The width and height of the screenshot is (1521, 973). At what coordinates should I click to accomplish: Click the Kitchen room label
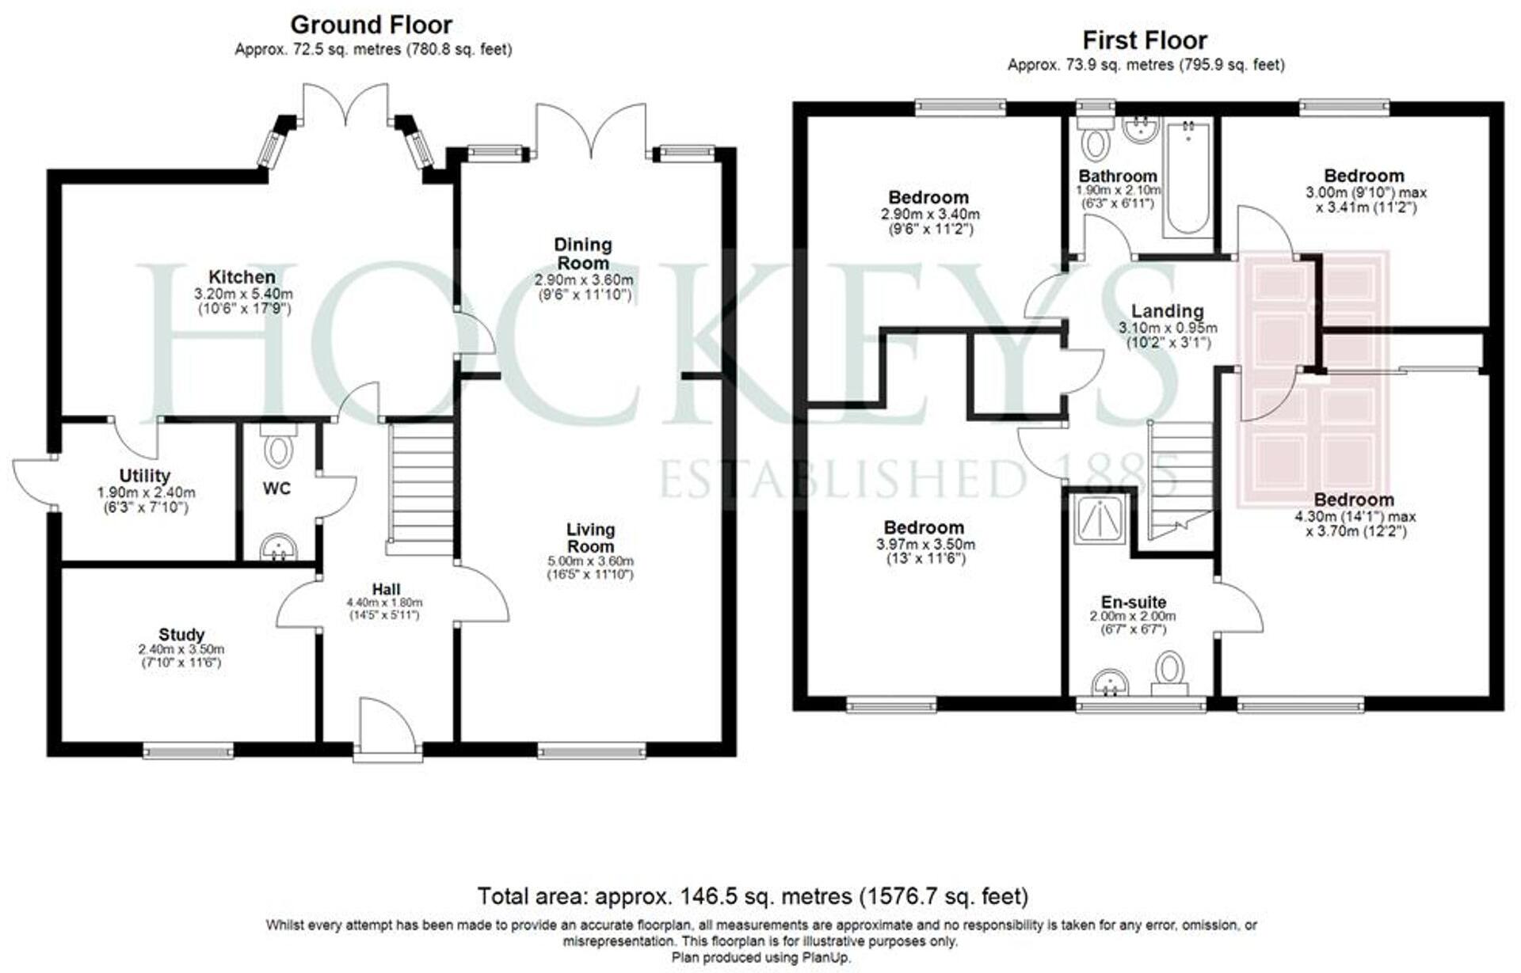click(x=242, y=277)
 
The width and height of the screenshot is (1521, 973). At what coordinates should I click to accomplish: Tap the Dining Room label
click(x=583, y=253)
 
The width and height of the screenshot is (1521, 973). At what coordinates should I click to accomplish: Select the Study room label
click(x=181, y=634)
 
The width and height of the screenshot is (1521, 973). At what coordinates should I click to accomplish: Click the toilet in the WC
click(x=278, y=448)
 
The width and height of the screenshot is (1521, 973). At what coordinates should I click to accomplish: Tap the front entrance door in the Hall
click(x=387, y=728)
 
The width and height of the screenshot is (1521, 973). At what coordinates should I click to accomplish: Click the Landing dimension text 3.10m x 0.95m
click(x=1168, y=328)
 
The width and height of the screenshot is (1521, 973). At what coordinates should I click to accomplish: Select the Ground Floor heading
click(x=372, y=25)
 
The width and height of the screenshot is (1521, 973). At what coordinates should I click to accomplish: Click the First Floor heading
click(x=1145, y=40)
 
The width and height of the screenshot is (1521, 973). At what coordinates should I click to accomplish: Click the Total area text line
click(x=753, y=896)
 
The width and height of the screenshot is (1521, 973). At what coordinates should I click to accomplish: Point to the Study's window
click(x=189, y=750)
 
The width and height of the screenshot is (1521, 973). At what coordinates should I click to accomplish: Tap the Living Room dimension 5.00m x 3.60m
click(x=590, y=561)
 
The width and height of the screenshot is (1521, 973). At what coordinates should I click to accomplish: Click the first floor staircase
click(x=1180, y=479)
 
